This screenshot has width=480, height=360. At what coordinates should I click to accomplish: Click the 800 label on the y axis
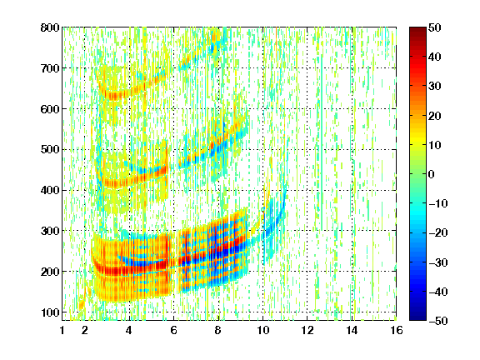50,27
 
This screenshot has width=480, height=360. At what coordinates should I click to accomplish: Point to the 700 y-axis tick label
50,68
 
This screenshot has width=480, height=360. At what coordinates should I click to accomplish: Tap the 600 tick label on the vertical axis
50,109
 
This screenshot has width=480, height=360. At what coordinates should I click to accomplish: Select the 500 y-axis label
50,150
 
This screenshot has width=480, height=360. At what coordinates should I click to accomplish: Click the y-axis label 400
50,190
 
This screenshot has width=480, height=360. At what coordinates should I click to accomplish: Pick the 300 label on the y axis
50,231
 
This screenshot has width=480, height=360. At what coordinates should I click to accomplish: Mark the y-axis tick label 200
50,272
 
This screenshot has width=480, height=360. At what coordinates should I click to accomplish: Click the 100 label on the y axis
50,312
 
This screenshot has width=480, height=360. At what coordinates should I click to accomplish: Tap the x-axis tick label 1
62,330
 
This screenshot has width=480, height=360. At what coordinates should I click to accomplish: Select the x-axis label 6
173,330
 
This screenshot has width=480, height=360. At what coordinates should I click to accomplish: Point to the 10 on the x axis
263,330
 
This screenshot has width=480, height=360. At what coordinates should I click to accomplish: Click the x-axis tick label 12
307,330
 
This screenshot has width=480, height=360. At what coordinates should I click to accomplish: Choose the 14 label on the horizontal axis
352,330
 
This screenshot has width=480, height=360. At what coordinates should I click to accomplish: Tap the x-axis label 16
397,330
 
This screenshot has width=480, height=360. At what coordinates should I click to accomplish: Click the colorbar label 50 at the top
435,27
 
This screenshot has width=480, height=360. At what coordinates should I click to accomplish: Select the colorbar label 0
432,174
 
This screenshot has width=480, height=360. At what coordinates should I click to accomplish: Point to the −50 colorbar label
438,321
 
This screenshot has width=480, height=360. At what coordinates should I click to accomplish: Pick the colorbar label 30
435,87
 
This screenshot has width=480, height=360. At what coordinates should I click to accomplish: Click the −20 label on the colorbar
438,233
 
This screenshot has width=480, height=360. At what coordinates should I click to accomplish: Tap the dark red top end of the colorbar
417,28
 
